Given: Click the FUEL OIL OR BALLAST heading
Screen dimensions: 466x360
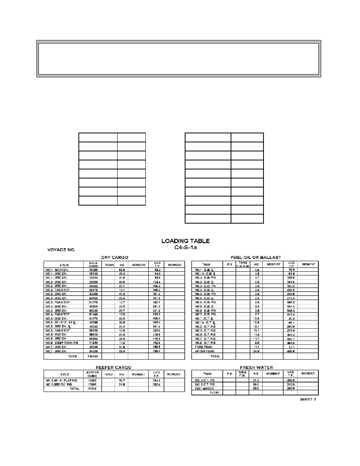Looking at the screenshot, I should pyautogui.click(x=257, y=257).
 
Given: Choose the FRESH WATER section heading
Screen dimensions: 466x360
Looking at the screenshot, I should pyautogui.click(x=255, y=368).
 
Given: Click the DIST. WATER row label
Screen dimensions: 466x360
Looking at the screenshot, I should pyautogui.click(x=204, y=388).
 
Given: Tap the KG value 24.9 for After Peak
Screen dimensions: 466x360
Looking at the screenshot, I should pyautogui.click(x=256, y=351).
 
